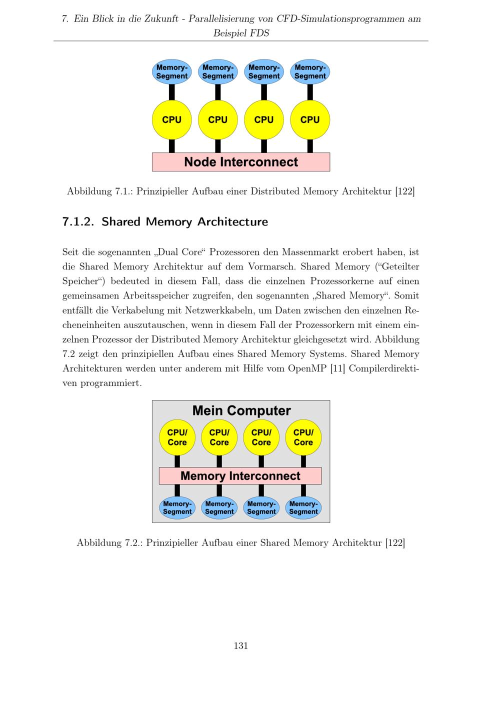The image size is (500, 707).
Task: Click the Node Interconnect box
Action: [x=240, y=162]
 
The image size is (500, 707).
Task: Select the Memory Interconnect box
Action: [x=240, y=476]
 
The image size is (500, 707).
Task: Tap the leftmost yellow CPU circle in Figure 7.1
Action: [x=171, y=120]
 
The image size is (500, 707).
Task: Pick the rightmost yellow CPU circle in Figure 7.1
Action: [x=309, y=120]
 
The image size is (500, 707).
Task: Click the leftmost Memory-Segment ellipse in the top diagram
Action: [x=171, y=72]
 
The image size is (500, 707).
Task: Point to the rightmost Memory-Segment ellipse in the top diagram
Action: [x=309, y=72]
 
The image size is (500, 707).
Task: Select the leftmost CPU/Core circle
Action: [x=177, y=437]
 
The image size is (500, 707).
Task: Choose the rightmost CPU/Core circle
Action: [x=303, y=437]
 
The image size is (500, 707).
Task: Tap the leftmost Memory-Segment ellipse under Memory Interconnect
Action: [x=177, y=507]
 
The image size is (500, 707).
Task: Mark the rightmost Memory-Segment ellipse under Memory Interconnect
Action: [x=303, y=507]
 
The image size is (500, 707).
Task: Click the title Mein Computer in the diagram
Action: [x=241, y=411]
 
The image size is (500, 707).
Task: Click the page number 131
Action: [x=240, y=645]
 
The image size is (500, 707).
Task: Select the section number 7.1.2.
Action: [x=78, y=222]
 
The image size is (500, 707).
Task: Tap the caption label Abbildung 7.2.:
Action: [x=109, y=543]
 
